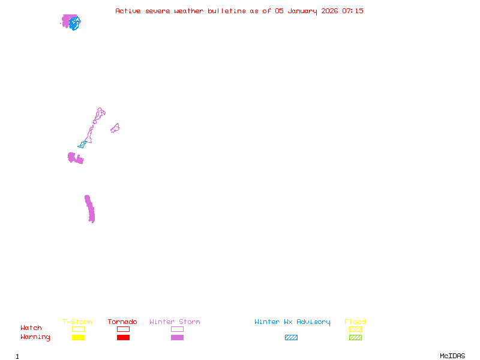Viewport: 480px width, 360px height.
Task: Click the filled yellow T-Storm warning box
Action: [79, 337]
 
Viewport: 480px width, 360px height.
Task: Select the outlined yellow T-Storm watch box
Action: [79, 329]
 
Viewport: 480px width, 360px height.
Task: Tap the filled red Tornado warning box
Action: [124, 337]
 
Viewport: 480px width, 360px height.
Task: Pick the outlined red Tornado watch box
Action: [124, 329]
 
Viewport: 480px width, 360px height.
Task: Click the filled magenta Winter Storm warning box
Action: [177, 337]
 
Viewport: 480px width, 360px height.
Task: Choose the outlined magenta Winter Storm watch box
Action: [177, 329]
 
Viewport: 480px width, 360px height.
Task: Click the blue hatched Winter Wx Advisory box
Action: [291, 337]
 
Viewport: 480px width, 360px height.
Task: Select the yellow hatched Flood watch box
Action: [355, 329]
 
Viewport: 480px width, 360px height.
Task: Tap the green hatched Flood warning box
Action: [355, 337]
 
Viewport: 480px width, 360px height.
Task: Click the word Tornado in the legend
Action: [122, 322]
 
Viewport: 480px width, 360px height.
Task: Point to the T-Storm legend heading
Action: [77, 322]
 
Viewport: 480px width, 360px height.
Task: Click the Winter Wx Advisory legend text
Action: [292, 322]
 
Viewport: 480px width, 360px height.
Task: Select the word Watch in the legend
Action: [31, 328]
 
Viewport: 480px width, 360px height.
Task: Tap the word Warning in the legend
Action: [35, 337]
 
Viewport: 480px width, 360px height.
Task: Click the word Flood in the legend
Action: [355, 322]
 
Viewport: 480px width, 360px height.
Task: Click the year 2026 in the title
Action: [329, 11]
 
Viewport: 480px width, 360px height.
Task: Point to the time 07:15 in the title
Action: [353, 11]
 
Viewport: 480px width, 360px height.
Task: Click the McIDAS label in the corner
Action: [452, 356]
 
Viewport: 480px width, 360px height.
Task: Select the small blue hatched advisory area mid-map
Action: [82, 145]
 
